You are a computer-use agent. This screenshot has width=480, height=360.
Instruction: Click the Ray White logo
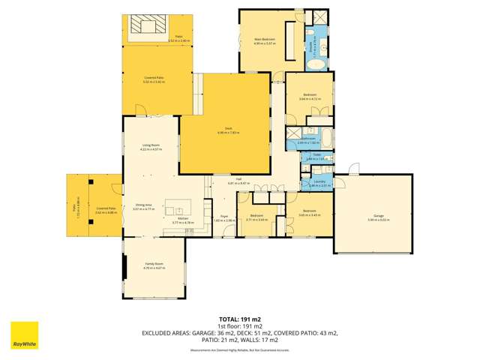24,336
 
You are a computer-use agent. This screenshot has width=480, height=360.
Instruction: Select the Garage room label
373,217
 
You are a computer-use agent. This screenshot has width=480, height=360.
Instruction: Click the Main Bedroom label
264,40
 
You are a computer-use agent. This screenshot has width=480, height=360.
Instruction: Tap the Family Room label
154,265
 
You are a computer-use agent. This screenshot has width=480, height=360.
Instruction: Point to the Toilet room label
316,157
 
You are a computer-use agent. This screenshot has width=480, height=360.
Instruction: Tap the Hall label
238,181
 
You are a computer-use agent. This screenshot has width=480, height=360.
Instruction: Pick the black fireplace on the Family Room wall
124,268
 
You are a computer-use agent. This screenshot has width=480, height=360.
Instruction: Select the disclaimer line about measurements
240,350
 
